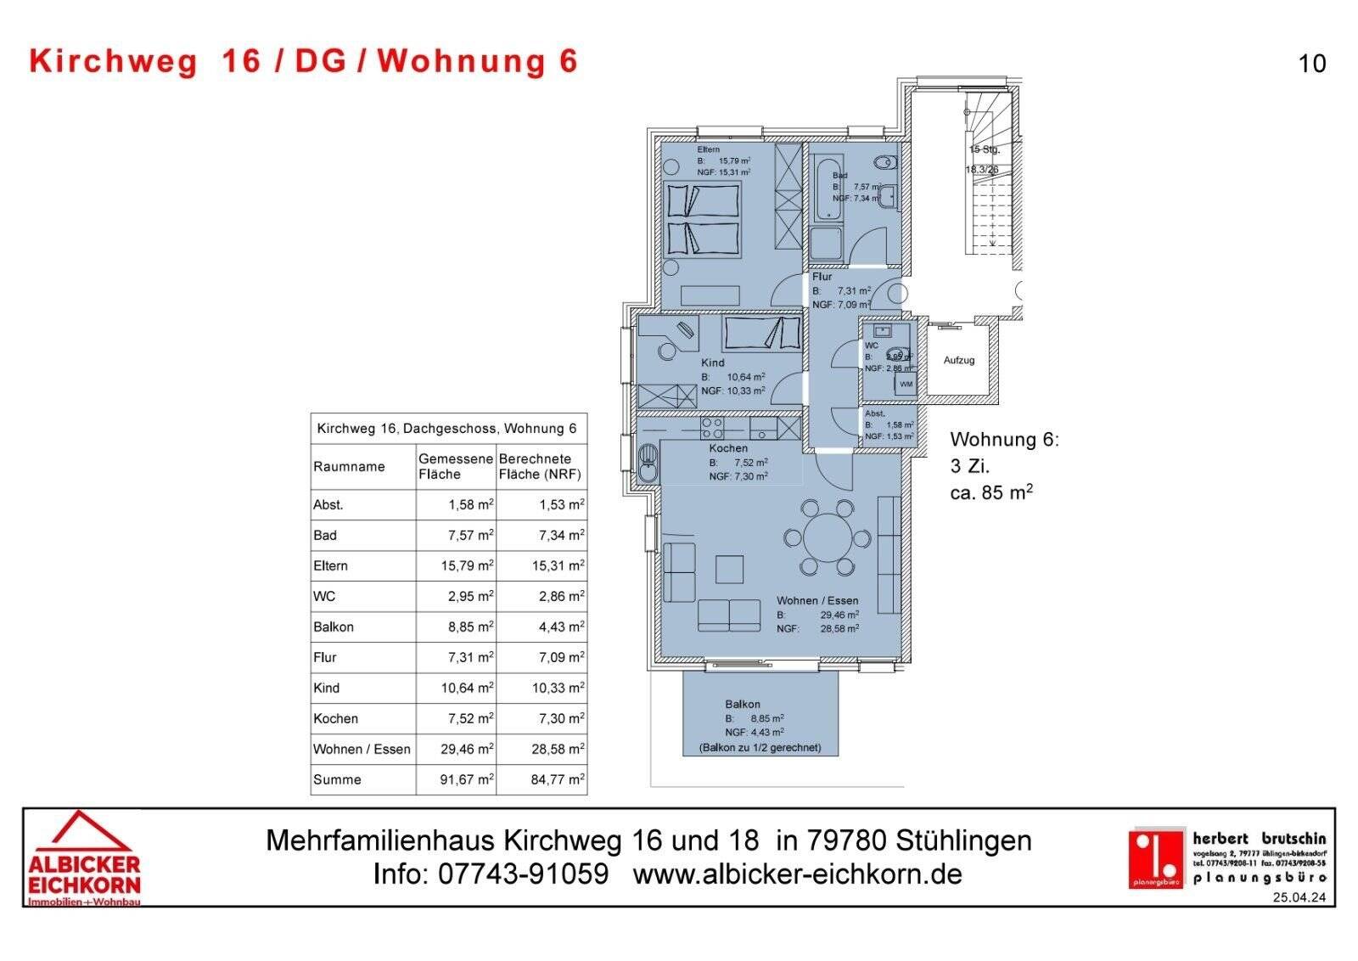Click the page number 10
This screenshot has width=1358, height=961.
(x=1312, y=64)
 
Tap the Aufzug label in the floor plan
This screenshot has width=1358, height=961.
(x=959, y=360)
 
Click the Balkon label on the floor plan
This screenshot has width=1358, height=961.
(x=743, y=704)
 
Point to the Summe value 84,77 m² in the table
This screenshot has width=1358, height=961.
(x=557, y=779)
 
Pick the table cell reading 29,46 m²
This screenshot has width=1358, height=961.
(x=466, y=749)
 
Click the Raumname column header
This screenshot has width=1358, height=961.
(x=349, y=466)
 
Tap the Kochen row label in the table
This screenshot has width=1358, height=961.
(x=336, y=718)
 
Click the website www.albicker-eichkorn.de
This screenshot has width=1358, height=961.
(x=797, y=874)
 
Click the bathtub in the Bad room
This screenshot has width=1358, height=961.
(x=824, y=188)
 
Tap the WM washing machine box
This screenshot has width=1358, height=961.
(x=906, y=385)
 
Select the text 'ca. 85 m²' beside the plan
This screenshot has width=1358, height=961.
(x=990, y=492)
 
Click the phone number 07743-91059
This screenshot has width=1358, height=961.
(x=523, y=874)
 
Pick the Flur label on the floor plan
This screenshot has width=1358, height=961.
(x=822, y=277)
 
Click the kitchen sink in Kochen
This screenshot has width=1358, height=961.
(x=648, y=464)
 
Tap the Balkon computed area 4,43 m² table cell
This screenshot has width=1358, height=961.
(x=560, y=627)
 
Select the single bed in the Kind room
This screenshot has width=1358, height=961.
(x=761, y=334)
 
